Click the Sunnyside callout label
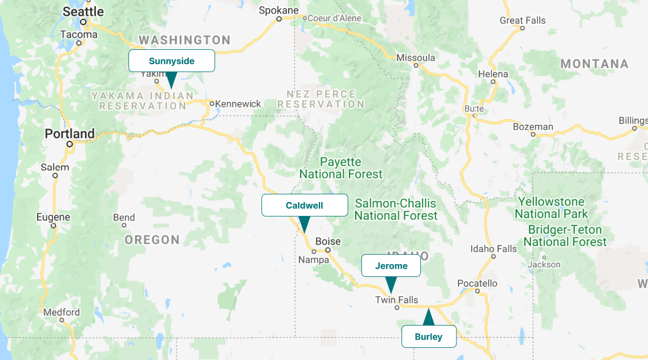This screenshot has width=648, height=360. click(x=172, y=61)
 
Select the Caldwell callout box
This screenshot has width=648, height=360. click(x=305, y=205)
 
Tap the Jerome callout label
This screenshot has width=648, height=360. click(x=391, y=266)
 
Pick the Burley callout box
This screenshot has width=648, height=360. click(x=429, y=337)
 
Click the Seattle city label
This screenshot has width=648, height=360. click(x=83, y=12)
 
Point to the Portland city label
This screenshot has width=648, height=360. click(x=70, y=134)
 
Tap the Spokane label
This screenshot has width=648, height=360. click(x=279, y=10)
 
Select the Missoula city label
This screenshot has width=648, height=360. click(x=416, y=58)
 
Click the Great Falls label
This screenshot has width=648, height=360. click(x=522, y=20)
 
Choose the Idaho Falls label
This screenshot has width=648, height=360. click(x=493, y=249)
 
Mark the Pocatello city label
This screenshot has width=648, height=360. click(x=477, y=283)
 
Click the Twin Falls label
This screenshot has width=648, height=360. click(x=397, y=300)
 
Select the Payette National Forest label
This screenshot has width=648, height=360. click(x=341, y=168)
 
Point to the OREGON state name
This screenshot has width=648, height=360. click(x=152, y=240)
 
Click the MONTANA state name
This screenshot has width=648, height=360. click(x=594, y=64)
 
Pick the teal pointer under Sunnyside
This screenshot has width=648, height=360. click(x=172, y=80)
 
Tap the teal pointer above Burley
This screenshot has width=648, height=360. click(x=428, y=317)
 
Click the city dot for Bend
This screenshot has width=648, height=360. click(x=124, y=225)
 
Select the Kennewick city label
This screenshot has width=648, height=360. click(x=238, y=104)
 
